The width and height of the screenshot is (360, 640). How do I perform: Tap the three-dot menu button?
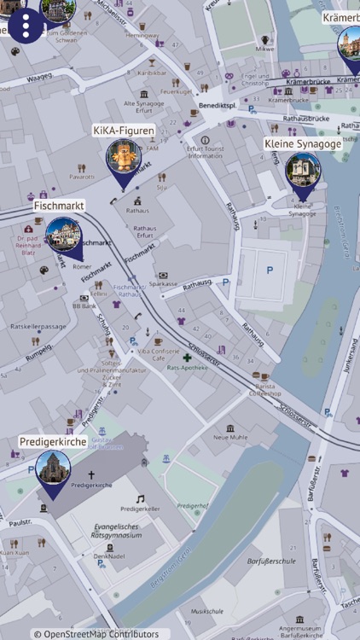point(26,26)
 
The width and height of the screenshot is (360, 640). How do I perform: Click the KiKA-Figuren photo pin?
point(124,158)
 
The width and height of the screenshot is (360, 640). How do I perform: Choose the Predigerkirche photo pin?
point(53,469)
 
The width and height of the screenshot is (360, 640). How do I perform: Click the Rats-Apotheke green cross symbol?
point(187,358)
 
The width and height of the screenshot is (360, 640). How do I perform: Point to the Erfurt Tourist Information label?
point(205,152)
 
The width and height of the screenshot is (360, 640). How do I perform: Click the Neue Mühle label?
point(230,437)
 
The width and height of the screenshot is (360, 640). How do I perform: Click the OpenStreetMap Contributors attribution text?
point(96,634)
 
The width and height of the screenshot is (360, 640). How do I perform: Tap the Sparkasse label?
point(163,283)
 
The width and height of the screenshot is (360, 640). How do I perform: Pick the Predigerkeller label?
point(140,509)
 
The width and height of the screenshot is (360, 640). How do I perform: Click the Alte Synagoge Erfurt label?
point(144,107)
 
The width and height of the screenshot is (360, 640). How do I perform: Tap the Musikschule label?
point(207,611)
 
